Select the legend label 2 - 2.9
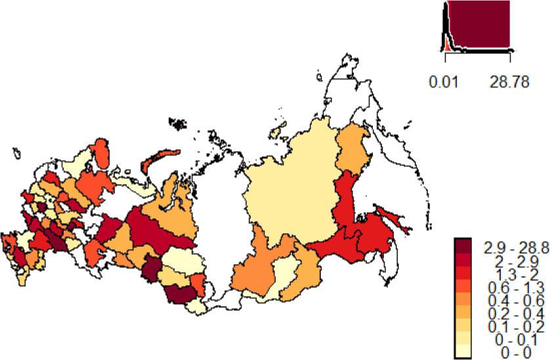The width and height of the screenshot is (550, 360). pos(506,259)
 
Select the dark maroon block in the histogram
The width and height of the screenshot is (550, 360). pos(486,26)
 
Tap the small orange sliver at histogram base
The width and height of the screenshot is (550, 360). pos(447,47)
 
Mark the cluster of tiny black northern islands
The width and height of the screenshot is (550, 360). pos(177,122)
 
